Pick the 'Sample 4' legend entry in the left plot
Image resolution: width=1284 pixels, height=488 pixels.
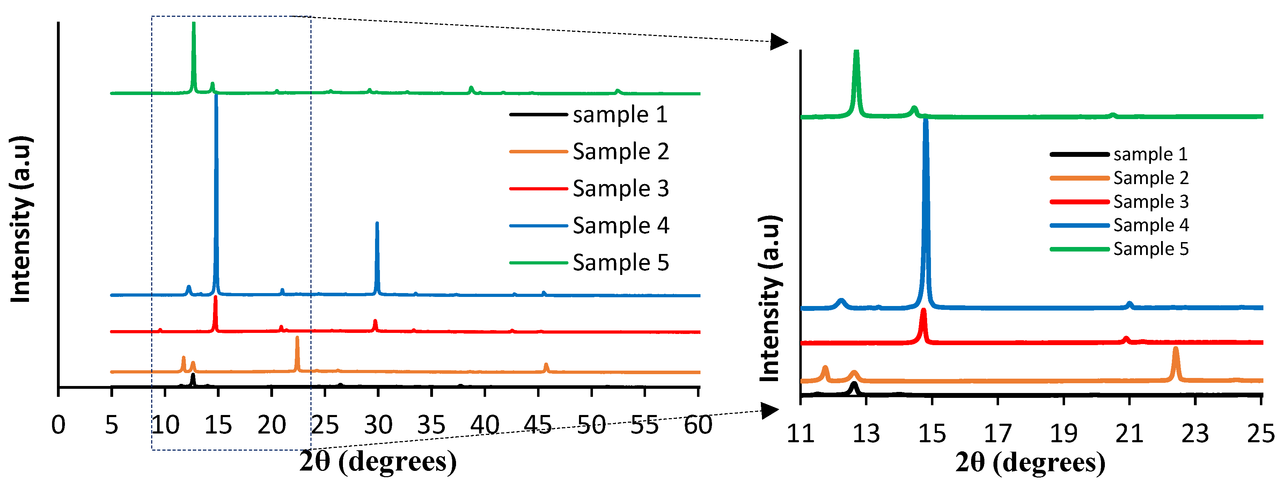(x=620, y=226)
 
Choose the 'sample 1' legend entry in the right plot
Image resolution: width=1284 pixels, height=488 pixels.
(x=1150, y=154)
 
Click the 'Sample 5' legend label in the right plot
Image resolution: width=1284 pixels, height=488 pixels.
(x=1150, y=248)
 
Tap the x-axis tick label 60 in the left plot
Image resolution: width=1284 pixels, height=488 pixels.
(x=697, y=425)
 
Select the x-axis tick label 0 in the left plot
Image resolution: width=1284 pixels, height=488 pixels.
(x=58, y=425)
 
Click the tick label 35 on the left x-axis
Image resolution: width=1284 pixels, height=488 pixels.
(x=431, y=425)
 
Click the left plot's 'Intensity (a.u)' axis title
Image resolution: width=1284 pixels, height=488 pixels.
(x=21, y=219)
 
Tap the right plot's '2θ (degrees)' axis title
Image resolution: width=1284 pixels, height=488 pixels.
(x=1030, y=462)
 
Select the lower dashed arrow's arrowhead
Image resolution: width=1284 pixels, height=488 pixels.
(x=770, y=410)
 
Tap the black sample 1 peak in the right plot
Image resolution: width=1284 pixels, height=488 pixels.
(x=854, y=386)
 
